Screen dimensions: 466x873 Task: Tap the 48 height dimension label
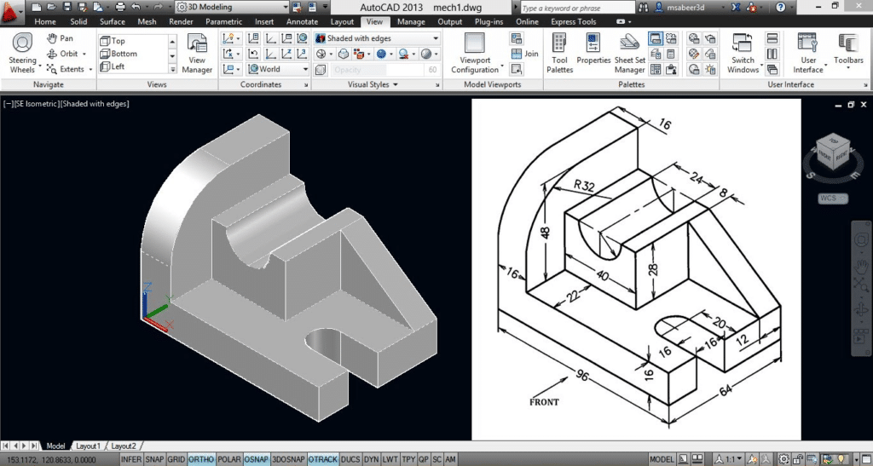pos(545,233)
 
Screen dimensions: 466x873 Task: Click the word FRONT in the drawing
pos(544,401)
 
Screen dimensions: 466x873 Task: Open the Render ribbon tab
pos(181,21)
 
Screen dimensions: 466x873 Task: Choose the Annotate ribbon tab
pos(302,21)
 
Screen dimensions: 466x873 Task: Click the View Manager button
pos(197,55)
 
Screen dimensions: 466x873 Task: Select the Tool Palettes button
pos(560,55)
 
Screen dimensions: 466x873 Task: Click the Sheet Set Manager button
pos(629,55)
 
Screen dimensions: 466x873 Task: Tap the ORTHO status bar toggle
pos(201,459)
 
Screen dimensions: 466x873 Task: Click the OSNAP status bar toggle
pos(256,459)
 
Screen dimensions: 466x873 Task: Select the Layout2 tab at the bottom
pos(124,446)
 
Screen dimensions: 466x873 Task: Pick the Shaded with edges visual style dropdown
pos(376,38)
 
